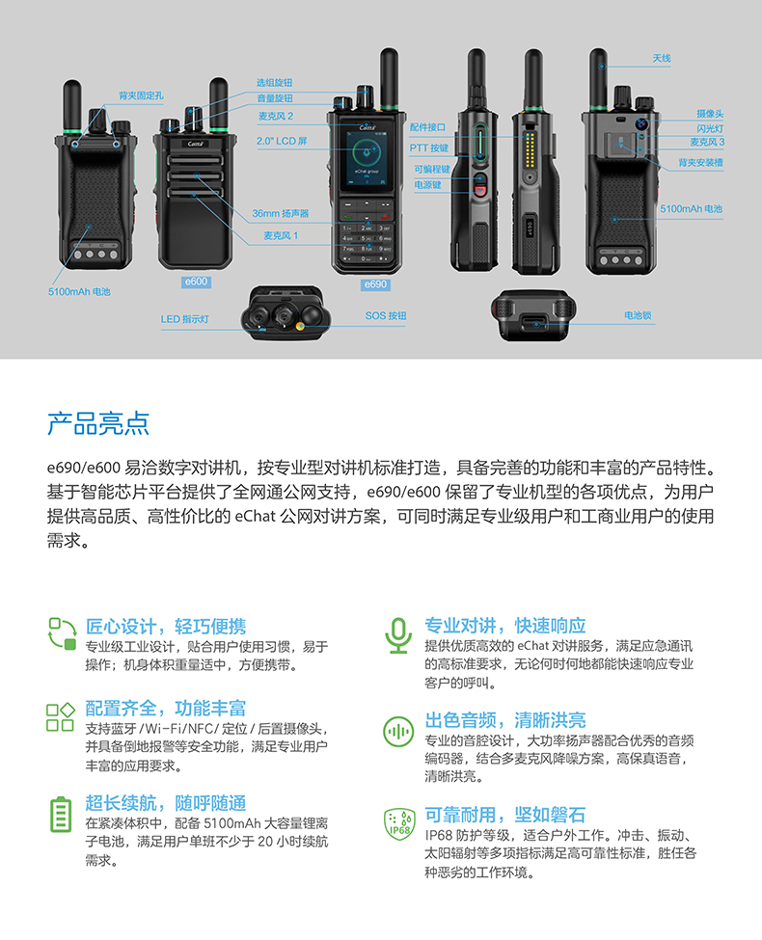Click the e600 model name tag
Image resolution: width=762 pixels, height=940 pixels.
pyautogui.click(x=196, y=282)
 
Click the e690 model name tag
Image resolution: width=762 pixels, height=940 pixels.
pyautogui.click(x=375, y=284)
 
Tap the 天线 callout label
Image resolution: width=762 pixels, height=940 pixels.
pyautogui.click(x=661, y=58)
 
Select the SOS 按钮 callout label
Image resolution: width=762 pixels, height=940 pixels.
pyautogui.click(x=386, y=315)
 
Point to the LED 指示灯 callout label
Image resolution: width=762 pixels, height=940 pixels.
pyautogui.click(x=185, y=319)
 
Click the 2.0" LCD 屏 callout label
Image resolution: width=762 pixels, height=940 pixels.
pyautogui.click(x=282, y=141)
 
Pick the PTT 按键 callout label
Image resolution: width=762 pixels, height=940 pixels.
pyautogui.click(x=429, y=148)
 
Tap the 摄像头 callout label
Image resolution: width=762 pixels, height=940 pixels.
pyautogui.click(x=710, y=114)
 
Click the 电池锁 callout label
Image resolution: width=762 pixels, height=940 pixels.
pyautogui.click(x=638, y=315)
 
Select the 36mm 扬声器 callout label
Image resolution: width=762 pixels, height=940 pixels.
pyautogui.click(x=280, y=213)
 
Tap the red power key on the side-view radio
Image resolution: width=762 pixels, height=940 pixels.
pyautogui.click(x=480, y=191)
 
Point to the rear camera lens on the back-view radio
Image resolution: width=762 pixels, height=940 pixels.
pyautogui.click(x=641, y=124)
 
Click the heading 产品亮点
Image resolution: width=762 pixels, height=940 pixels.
pyautogui.click(x=98, y=423)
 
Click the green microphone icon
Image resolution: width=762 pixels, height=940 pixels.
pyautogui.click(x=398, y=635)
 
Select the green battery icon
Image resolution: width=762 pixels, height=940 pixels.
pyautogui.click(x=60, y=814)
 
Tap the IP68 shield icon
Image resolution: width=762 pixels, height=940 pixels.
pyautogui.click(x=399, y=824)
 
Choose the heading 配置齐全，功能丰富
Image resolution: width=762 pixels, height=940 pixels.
pyautogui.click(x=166, y=708)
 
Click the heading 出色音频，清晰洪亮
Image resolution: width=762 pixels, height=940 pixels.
pyautogui.click(x=505, y=719)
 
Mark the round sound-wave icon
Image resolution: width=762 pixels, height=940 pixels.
pyautogui.click(x=398, y=732)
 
